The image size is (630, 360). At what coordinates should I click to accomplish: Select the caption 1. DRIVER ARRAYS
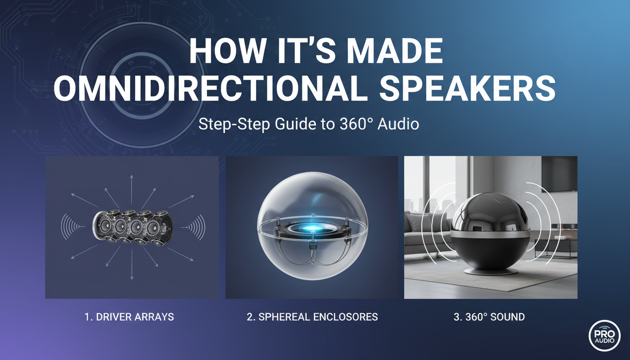[x=129, y=317]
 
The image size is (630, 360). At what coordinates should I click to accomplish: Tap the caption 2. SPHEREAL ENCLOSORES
[x=312, y=317]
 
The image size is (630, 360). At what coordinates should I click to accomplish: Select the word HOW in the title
[x=226, y=52]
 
